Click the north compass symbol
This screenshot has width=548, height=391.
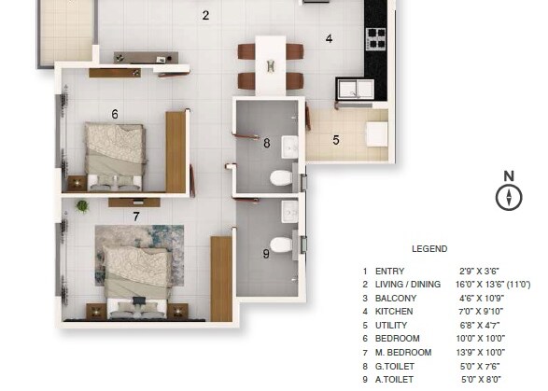click(x=509, y=196)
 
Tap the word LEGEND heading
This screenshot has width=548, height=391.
click(x=429, y=249)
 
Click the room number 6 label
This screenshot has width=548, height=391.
click(x=115, y=114)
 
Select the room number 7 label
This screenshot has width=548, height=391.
click(x=136, y=216)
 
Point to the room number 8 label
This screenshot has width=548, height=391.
click(x=266, y=144)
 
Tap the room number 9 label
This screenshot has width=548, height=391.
click(x=266, y=253)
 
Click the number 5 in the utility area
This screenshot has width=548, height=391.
click(x=336, y=141)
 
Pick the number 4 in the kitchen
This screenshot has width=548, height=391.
click(x=329, y=39)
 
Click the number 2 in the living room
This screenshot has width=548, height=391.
click(x=205, y=15)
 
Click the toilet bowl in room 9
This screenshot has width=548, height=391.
click(x=281, y=245)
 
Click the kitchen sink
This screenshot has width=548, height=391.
click(x=351, y=89)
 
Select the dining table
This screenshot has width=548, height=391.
click(x=270, y=64)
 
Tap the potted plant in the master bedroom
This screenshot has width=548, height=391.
click(x=82, y=205)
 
